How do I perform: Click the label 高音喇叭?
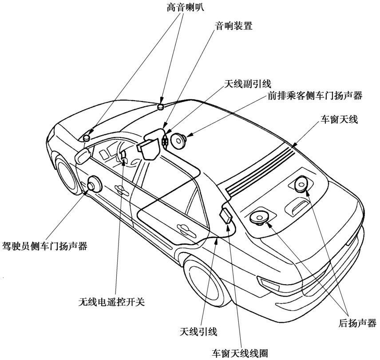[x=185, y=7]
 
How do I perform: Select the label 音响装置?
[x=234, y=26]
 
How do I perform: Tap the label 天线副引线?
[x=247, y=84]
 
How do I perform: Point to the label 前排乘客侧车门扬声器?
[x=315, y=96]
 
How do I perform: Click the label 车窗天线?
[x=339, y=119]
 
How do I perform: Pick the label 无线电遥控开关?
[x=111, y=301]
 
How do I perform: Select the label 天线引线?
[x=198, y=332]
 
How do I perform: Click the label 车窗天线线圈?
[x=240, y=353]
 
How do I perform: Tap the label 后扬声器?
[x=357, y=323]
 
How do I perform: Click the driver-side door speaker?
[x=94, y=184]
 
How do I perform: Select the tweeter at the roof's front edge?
[x=161, y=106]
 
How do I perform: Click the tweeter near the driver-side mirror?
[x=87, y=138]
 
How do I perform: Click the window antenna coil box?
[x=226, y=216]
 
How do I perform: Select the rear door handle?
[x=186, y=231]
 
